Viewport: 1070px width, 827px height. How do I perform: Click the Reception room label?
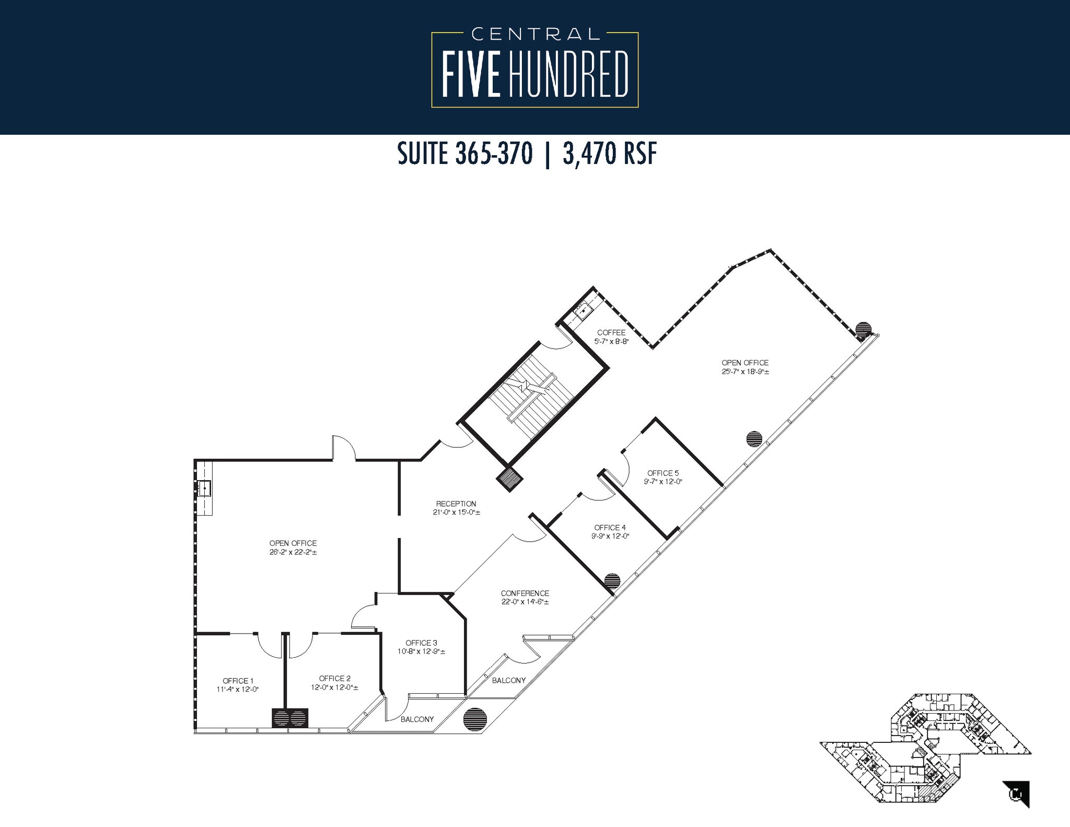point(456,504)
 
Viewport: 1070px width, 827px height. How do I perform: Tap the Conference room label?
point(525,593)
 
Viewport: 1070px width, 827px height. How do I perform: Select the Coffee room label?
point(611,332)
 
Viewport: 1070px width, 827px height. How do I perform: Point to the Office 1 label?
point(238,681)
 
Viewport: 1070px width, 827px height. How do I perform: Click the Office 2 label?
point(334,678)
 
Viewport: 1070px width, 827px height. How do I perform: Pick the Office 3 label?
point(421,643)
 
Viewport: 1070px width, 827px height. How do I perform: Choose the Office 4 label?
point(610,528)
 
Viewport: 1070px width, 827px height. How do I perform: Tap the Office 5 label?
point(663,473)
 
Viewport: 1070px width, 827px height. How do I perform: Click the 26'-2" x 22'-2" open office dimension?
point(293,552)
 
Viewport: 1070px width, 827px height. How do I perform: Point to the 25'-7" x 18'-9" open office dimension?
point(745,371)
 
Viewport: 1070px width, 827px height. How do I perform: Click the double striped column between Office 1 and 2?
point(290,718)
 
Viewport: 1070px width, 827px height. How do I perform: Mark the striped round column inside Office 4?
point(612,580)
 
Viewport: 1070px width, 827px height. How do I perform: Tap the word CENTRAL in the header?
point(535,34)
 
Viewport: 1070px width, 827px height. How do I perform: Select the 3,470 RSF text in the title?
point(609,154)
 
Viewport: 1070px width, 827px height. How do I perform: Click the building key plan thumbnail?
point(925,753)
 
